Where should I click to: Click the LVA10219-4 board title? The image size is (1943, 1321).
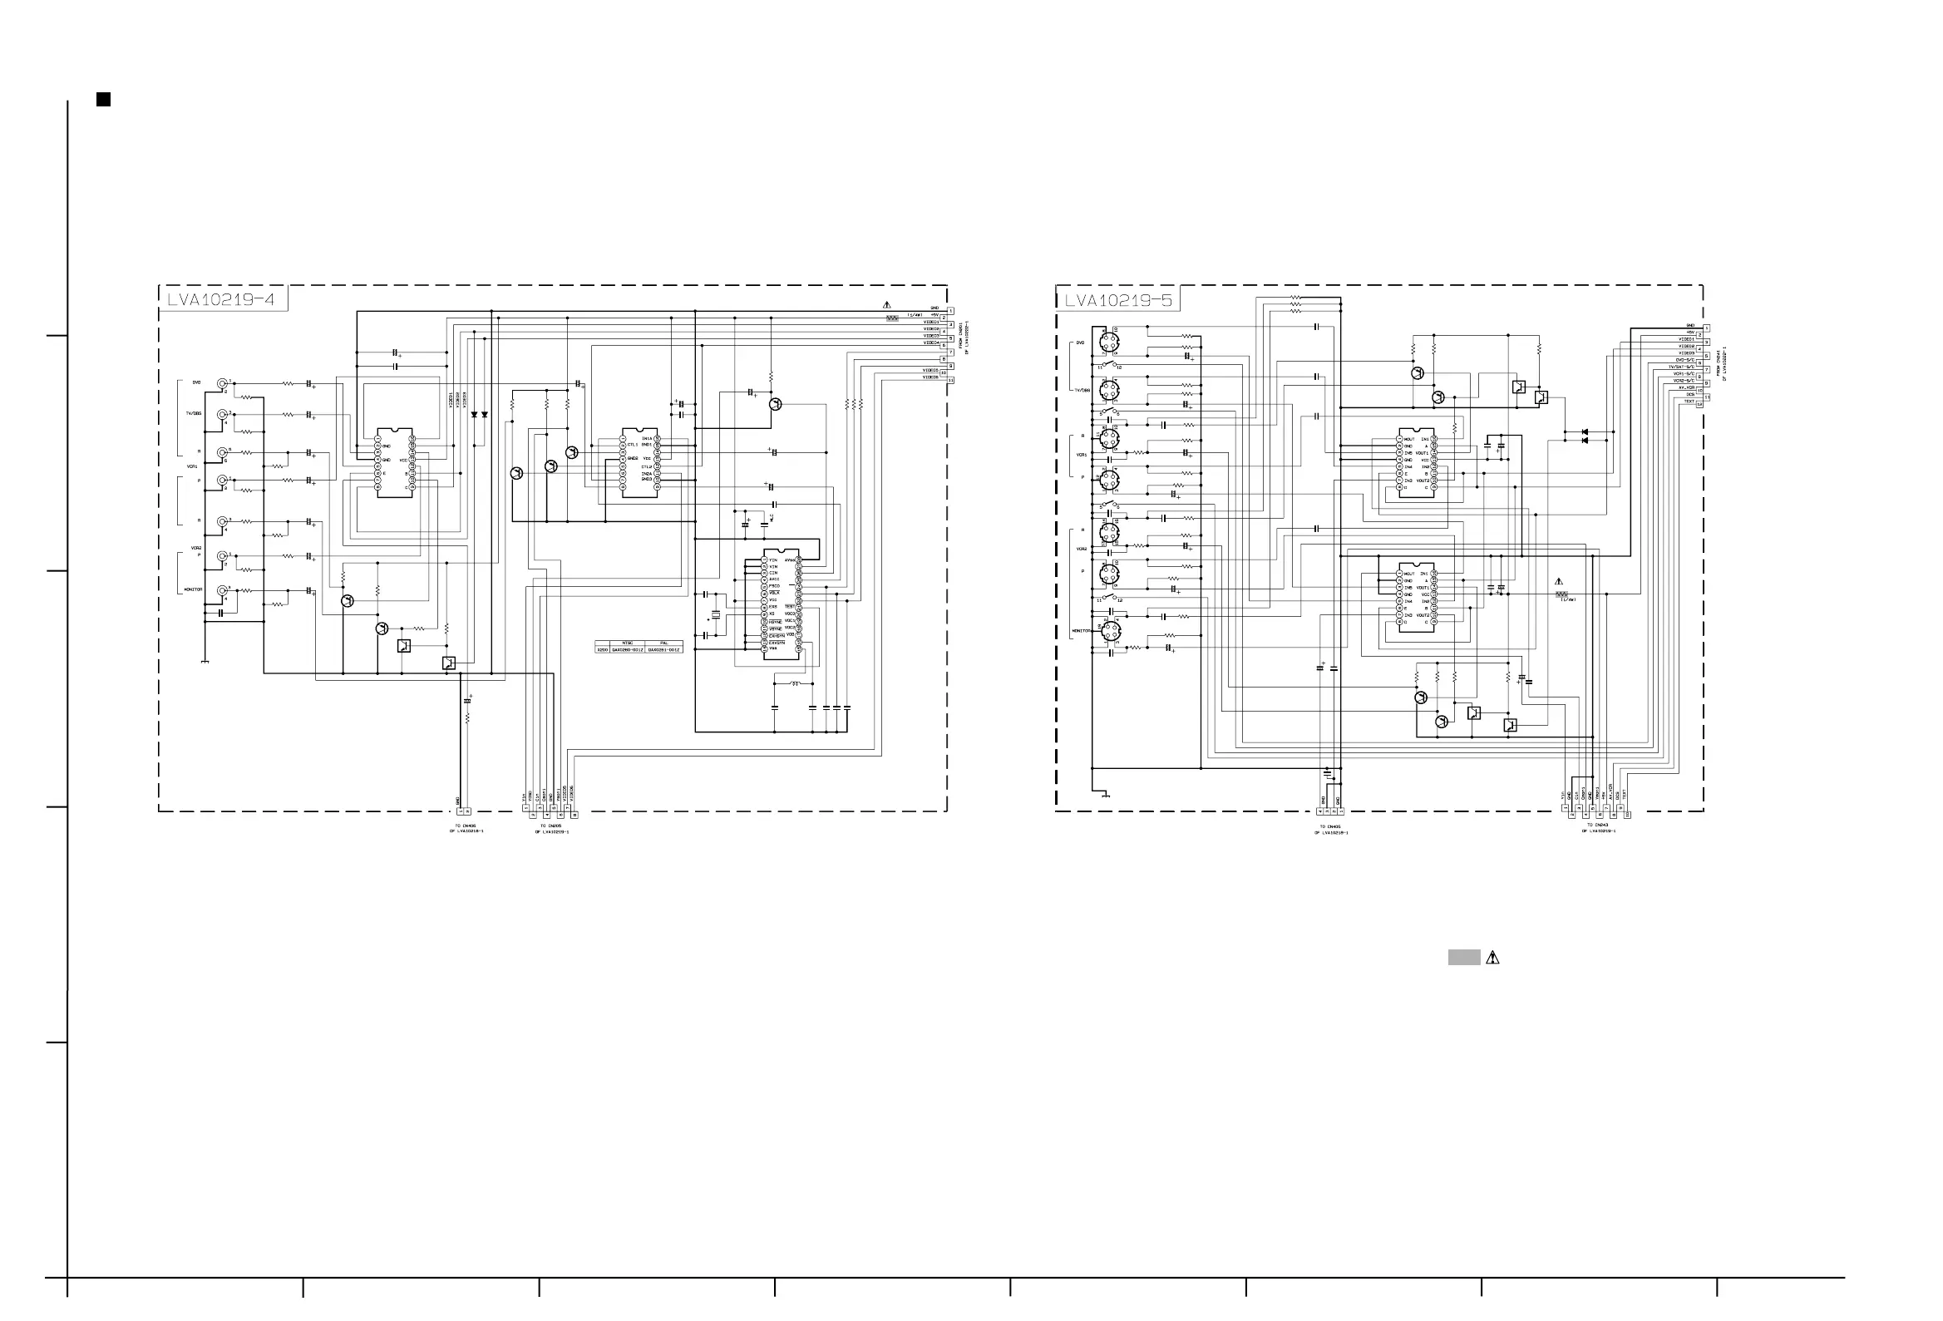(x=220, y=299)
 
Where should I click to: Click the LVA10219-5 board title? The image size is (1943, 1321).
(x=1117, y=299)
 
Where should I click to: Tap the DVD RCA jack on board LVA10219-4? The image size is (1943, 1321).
(x=222, y=384)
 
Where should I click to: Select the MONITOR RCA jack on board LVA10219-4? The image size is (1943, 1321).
(x=222, y=590)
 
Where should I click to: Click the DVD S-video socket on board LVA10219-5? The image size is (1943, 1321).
(x=1108, y=341)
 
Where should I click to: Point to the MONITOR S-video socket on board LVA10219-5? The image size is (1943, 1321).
(x=1110, y=631)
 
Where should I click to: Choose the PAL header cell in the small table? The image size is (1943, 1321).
(x=664, y=643)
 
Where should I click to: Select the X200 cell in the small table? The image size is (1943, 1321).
(x=602, y=649)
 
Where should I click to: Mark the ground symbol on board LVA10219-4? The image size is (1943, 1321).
(x=205, y=663)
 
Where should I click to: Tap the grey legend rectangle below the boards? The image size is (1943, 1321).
(x=1464, y=959)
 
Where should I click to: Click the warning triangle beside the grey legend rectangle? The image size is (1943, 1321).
(x=1493, y=959)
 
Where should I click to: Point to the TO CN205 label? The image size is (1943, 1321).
(x=551, y=826)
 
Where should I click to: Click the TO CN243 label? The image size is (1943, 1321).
(x=1598, y=826)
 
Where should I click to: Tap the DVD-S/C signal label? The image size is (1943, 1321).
(x=1684, y=360)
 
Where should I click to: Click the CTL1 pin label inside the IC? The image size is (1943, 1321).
(x=633, y=445)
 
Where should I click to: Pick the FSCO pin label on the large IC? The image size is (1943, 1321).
(x=774, y=586)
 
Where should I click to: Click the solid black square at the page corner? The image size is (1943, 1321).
(x=104, y=100)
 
